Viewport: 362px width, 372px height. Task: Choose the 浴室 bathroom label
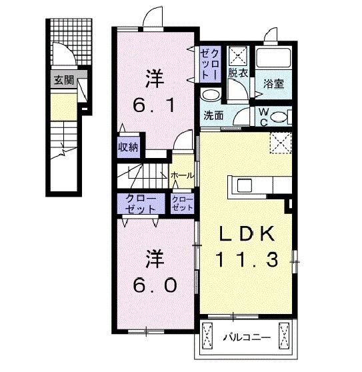coord(274,85)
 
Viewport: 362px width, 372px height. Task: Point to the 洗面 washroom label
coord(213,115)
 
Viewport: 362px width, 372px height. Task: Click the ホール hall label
coord(183,175)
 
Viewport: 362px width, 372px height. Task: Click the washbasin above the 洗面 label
coord(211,94)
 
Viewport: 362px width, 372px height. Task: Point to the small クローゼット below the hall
coord(183,203)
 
